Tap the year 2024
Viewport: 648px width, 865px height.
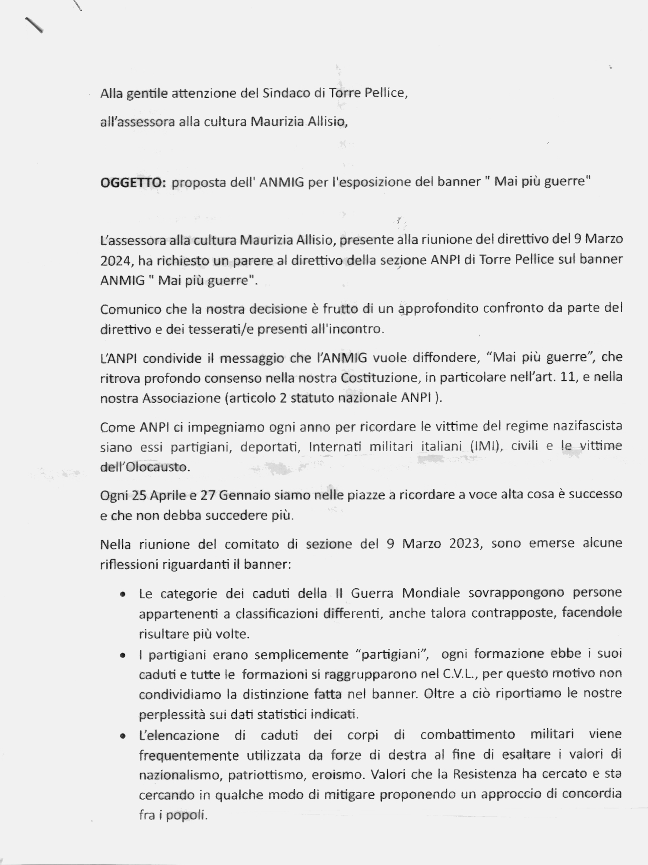[x=115, y=261]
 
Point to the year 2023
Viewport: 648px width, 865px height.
[x=464, y=543]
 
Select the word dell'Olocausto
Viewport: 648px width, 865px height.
[x=145, y=467]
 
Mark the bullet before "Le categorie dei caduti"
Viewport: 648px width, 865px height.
[x=123, y=595]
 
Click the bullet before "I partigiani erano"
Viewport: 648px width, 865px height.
[x=123, y=656]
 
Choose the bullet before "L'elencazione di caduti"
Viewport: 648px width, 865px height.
[x=123, y=736]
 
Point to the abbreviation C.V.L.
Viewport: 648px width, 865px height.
[x=460, y=674]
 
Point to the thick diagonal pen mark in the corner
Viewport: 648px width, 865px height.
[x=34, y=25]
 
